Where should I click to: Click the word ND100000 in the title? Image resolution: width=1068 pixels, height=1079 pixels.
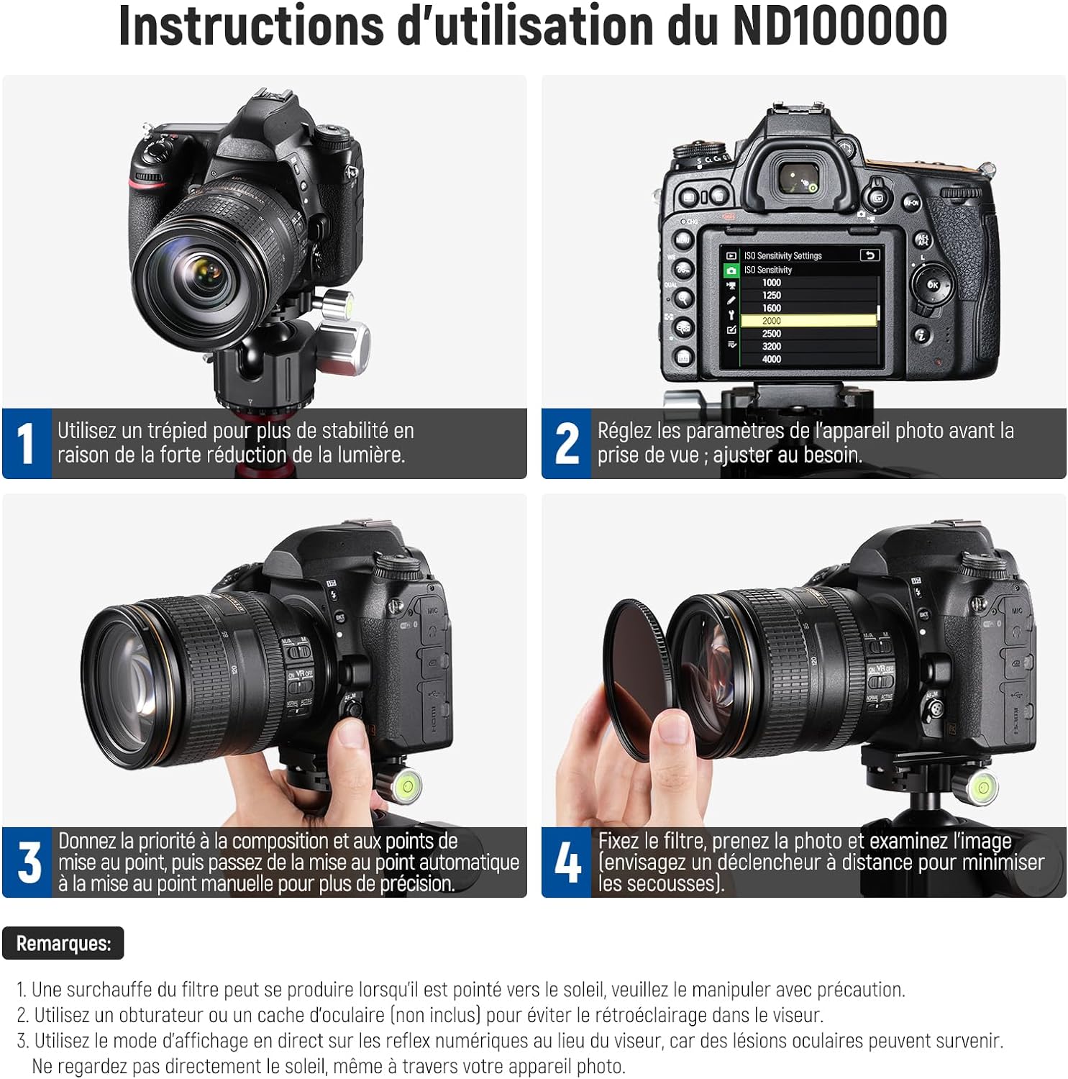click(x=840, y=26)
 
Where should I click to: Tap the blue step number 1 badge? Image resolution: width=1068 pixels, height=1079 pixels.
click(x=27, y=443)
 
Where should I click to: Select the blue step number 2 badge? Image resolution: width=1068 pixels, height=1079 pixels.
click(x=566, y=443)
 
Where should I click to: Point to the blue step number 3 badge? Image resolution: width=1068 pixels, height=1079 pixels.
click(x=27, y=862)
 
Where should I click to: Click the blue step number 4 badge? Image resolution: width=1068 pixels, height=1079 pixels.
click(x=567, y=862)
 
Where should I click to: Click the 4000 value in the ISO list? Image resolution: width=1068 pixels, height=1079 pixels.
click(x=772, y=359)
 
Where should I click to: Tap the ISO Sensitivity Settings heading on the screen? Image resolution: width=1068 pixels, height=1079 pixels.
click(x=782, y=255)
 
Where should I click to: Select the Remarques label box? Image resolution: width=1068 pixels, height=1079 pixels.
click(x=63, y=943)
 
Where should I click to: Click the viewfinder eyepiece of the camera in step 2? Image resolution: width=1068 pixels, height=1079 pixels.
click(x=798, y=178)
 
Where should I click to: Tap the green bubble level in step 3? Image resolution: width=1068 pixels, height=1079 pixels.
click(x=406, y=783)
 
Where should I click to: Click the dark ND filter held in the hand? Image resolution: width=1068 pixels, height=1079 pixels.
click(x=636, y=678)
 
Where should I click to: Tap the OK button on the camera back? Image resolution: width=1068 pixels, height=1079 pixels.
click(x=933, y=285)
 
